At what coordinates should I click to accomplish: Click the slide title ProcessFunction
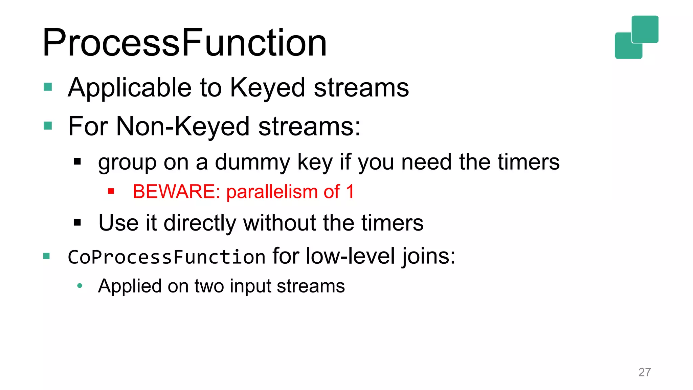click(x=184, y=43)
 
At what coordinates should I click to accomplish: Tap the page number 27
click(x=644, y=372)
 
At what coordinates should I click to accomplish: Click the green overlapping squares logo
click(x=636, y=37)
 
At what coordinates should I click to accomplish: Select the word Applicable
click(x=130, y=88)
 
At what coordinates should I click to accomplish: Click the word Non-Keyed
click(x=183, y=126)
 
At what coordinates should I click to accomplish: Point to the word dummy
click(x=252, y=162)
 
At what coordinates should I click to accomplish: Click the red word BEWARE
click(x=176, y=192)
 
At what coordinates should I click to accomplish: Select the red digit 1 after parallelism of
click(x=350, y=192)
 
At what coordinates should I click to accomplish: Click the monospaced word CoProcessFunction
click(x=166, y=257)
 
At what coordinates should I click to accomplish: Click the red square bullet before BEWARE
click(x=111, y=192)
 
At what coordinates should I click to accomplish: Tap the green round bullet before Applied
click(x=80, y=286)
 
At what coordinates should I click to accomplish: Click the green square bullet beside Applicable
click(x=48, y=87)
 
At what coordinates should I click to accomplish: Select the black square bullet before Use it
click(x=77, y=222)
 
